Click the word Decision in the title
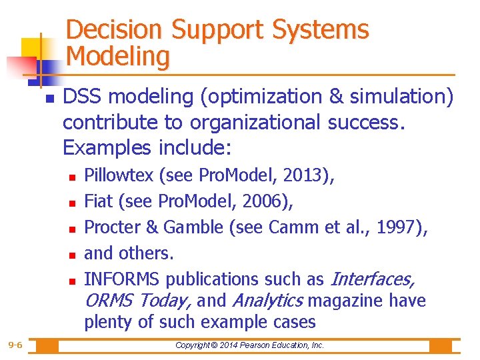(x=115, y=30)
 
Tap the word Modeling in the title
(x=118, y=57)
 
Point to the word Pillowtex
(x=119, y=176)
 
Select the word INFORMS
(x=123, y=279)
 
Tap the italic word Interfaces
(x=373, y=279)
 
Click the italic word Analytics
(x=267, y=301)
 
